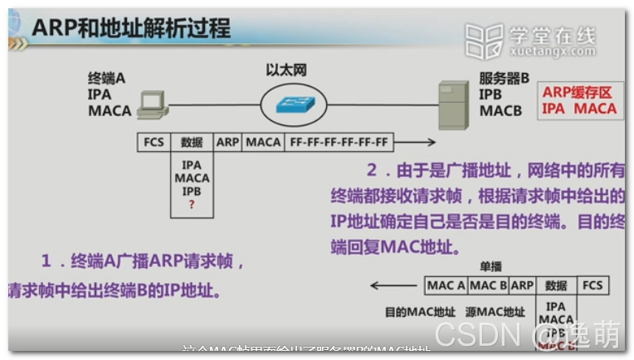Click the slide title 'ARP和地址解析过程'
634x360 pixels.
pos(131,28)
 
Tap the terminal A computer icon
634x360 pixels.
pos(151,102)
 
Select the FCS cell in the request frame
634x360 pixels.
pos(154,143)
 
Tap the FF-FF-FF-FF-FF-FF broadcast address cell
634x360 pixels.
pos(339,143)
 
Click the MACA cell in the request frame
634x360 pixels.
pos(263,143)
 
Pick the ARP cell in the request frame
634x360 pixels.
pos(227,143)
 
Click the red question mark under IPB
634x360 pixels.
pos(192,204)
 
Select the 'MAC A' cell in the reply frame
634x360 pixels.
pos(446,285)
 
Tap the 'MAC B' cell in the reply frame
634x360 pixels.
pos(488,285)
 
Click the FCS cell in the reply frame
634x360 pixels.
pos(593,285)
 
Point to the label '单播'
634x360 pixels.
pos(490,266)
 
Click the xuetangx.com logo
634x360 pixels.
pos(530,39)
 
